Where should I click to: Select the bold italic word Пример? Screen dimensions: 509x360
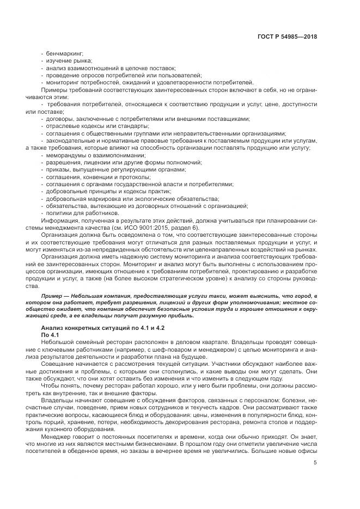(x=51, y=295)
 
